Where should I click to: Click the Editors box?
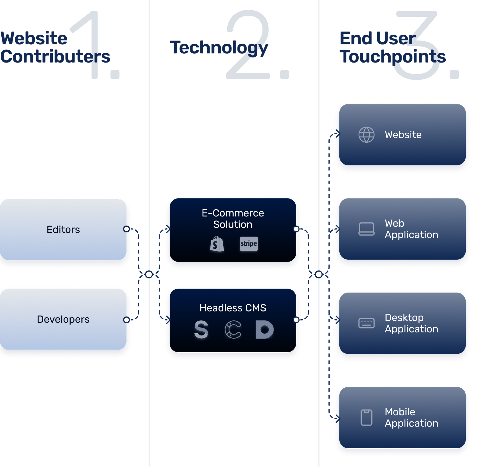tap(63, 229)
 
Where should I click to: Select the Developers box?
tap(63, 319)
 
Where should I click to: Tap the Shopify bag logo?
tap(217, 244)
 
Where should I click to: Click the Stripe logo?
tap(249, 244)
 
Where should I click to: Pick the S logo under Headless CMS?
tap(201, 330)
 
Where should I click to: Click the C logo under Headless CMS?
tap(233, 330)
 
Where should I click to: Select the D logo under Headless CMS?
tap(264, 330)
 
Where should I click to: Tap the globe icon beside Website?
tap(366, 135)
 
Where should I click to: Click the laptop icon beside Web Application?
tap(366, 229)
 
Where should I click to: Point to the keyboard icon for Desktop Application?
tap(366, 323)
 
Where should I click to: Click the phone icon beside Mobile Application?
tap(366, 418)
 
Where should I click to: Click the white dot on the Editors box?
tap(126, 229)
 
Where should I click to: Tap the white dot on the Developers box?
tap(126, 320)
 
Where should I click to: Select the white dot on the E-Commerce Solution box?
tap(296, 229)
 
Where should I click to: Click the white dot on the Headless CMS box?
tap(296, 320)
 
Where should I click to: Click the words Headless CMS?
tap(233, 308)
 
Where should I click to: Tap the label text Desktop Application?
tap(411, 323)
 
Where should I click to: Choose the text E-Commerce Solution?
tap(233, 219)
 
